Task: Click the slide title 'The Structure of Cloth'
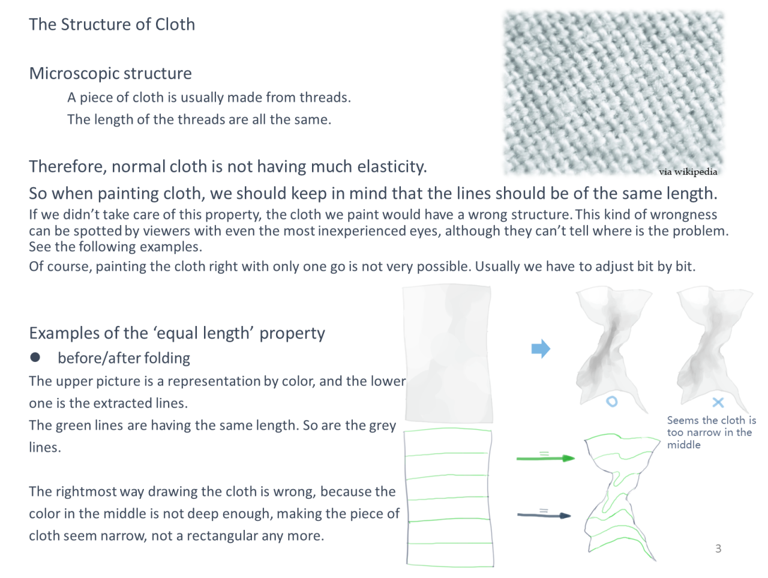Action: (x=112, y=25)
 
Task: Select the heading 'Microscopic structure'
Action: (x=110, y=74)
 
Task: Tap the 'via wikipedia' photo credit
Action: (x=688, y=172)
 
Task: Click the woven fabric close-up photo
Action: (x=613, y=92)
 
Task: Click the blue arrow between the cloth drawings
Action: (x=541, y=349)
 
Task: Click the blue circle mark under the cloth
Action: (x=611, y=402)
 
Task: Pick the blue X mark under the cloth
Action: (x=718, y=402)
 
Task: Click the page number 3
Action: (x=718, y=548)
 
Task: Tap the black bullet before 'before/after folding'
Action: (x=35, y=357)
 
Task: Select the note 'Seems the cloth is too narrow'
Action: (x=712, y=433)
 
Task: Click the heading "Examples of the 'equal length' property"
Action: (x=177, y=334)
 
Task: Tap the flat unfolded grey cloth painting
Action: (x=448, y=354)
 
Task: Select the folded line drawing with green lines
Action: (x=621, y=497)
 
